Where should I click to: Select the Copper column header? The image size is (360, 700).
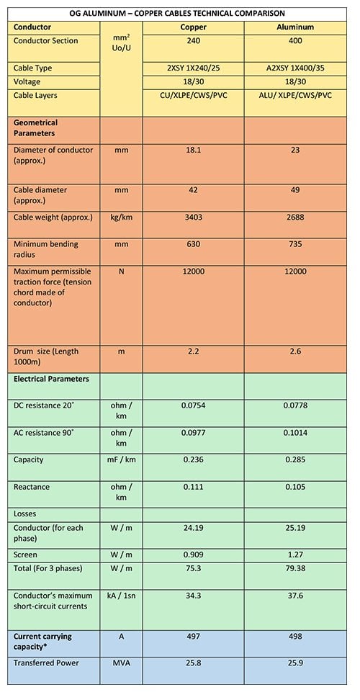click(x=193, y=27)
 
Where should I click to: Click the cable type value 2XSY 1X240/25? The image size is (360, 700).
click(x=193, y=68)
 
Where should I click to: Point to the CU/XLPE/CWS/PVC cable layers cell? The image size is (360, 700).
click(x=193, y=96)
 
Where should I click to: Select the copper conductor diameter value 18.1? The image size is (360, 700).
click(x=193, y=150)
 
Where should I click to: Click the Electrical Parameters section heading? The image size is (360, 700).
click(x=51, y=378)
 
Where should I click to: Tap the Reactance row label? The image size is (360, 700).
click(x=32, y=487)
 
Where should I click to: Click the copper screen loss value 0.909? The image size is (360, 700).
click(x=193, y=555)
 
